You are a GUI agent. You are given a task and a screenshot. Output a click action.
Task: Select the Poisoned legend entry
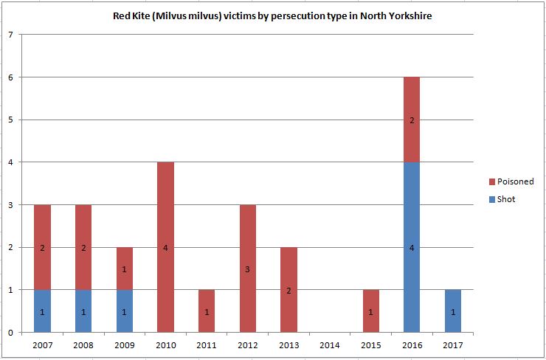tap(515, 181)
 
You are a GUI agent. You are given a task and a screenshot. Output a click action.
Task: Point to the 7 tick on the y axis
tap(10, 35)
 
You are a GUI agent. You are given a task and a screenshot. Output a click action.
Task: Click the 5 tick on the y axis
tap(10, 120)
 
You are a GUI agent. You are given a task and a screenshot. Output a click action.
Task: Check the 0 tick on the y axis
tap(10, 332)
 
